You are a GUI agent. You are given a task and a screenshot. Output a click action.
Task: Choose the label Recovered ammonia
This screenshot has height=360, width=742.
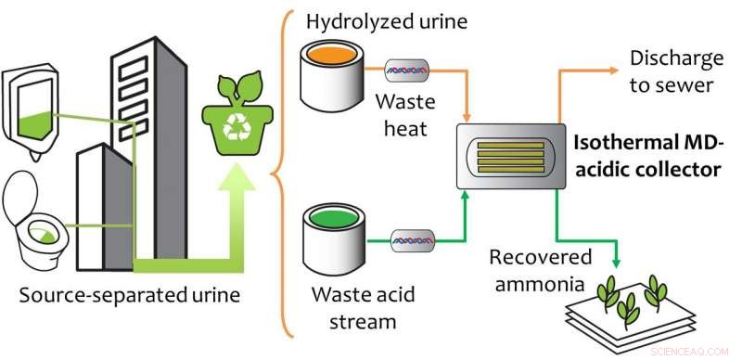pyautogui.click(x=528, y=271)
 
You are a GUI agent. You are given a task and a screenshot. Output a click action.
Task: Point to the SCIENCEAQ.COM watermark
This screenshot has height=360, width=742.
pyautogui.click(x=697, y=351)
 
